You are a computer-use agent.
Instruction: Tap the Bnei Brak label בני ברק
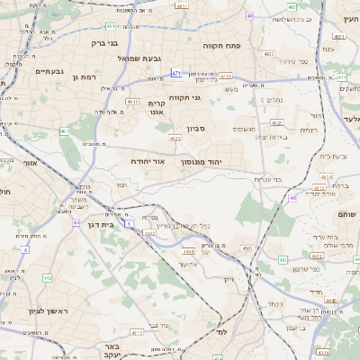coord(105,41)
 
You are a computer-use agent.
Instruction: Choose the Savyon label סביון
coord(197,129)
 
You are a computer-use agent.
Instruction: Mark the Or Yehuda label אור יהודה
coord(148,160)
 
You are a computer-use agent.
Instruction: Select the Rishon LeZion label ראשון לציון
coord(36,310)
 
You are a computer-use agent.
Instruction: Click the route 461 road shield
coord(64,131)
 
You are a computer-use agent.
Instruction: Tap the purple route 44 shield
coord(77,222)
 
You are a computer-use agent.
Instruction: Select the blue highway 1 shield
coord(130,222)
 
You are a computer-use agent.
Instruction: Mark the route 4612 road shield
coord(132,103)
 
